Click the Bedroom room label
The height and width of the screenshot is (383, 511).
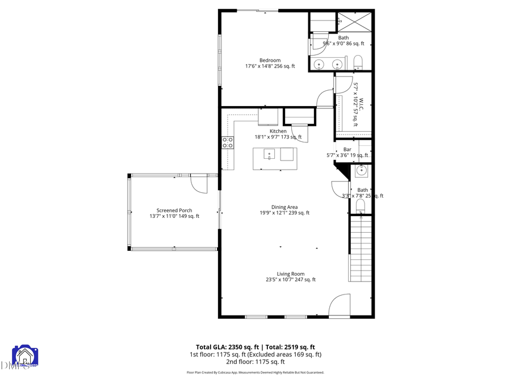[x=270, y=60]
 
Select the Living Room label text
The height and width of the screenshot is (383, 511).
[x=291, y=273]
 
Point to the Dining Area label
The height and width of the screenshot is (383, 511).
[x=284, y=207]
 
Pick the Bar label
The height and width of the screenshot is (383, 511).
[x=347, y=149]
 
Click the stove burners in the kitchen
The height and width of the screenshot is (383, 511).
[x=228, y=142]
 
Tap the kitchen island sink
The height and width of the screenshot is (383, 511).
[x=269, y=154]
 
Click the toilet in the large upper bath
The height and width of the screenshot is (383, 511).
[x=358, y=61]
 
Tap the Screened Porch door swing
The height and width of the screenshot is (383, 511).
[x=199, y=183]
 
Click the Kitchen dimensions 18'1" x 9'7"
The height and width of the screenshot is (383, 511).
[x=278, y=137]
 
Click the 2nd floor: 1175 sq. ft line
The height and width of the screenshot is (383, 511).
[x=255, y=361]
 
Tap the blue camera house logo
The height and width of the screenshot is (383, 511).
[x=25, y=356]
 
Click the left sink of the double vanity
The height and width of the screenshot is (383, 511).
[x=320, y=64]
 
